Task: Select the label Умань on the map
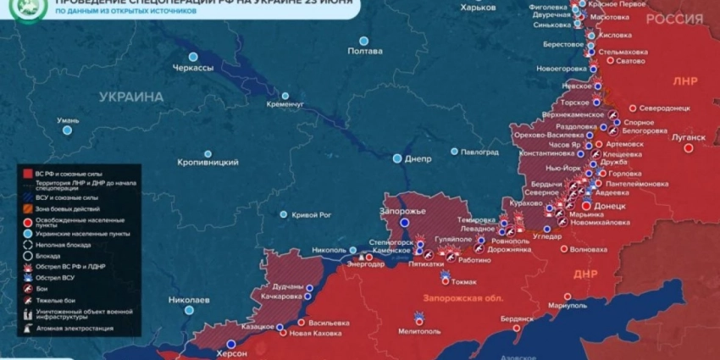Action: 67,120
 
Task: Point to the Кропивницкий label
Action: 208,161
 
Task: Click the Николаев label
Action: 189,300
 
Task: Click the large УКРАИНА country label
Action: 130,97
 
